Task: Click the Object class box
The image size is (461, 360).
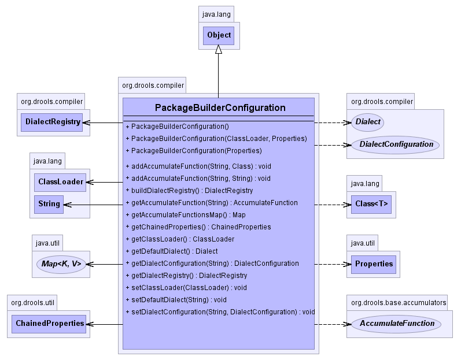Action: (x=219, y=36)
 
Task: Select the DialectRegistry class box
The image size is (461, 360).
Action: (x=51, y=123)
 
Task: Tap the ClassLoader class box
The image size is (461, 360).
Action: (x=60, y=183)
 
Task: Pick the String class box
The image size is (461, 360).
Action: (x=49, y=205)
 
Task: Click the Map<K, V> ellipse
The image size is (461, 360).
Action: (x=61, y=264)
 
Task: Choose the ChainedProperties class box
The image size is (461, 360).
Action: (x=49, y=324)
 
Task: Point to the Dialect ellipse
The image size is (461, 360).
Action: (x=367, y=122)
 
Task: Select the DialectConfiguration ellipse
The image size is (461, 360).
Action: (x=396, y=145)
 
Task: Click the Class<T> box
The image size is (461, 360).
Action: (x=371, y=205)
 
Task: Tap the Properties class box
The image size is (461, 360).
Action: (x=374, y=264)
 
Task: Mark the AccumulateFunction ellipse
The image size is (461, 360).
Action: (x=396, y=324)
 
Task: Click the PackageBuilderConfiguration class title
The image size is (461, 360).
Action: (x=220, y=107)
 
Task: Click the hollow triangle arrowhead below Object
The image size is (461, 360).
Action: (x=219, y=49)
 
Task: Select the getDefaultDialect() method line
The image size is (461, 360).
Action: (x=172, y=251)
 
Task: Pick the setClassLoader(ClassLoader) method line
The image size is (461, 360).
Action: (x=186, y=288)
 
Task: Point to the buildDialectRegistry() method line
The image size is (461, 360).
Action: (x=189, y=191)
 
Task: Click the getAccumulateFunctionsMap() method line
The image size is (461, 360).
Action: (x=186, y=215)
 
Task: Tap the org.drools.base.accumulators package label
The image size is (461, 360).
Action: (x=399, y=303)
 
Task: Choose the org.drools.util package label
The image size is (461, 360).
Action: (x=32, y=303)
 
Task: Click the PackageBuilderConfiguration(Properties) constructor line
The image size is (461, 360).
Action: (x=194, y=151)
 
